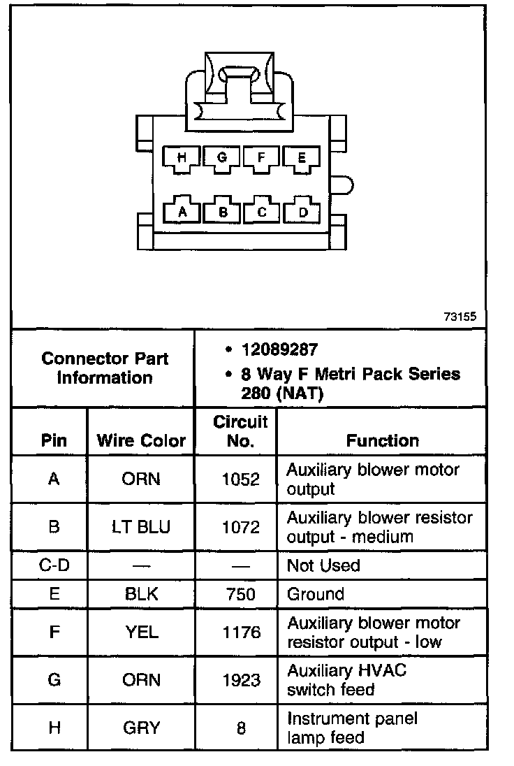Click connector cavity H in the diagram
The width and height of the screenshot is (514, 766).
[x=182, y=159]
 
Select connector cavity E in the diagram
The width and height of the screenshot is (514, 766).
[x=302, y=159]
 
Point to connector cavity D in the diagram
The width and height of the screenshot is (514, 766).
[x=302, y=210]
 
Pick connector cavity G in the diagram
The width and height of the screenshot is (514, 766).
[x=223, y=158]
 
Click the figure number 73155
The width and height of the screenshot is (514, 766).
[x=460, y=316]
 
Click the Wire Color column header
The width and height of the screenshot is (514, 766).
[x=141, y=441]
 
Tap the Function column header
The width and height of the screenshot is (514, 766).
[x=383, y=440]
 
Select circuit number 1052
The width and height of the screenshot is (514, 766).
[x=240, y=479]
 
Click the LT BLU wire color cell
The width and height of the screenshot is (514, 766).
[x=141, y=527]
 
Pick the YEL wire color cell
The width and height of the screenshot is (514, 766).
[x=142, y=633]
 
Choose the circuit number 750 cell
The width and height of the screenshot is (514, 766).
[x=240, y=594]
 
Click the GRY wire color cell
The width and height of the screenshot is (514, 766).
[x=142, y=728]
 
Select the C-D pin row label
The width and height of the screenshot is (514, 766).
[x=54, y=565]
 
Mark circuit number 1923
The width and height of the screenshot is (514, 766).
[x=240, y=680]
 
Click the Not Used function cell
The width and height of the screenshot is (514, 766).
[x=323, y=565]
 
